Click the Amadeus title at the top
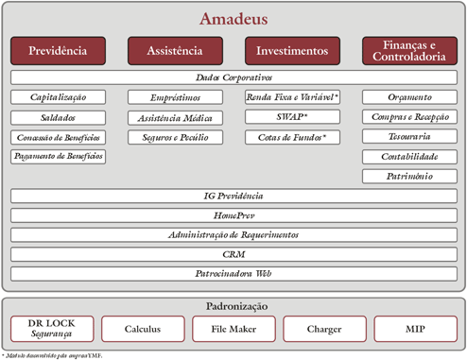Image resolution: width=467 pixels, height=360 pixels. click(x=233, y=18)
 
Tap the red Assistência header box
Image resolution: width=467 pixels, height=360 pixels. click(x=175, y=51)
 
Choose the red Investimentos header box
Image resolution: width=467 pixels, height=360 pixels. click(x=292, y=51)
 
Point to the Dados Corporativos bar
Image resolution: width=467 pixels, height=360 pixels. click(x=233, y=77)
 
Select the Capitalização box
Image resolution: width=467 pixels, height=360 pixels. click(x=58, y=97)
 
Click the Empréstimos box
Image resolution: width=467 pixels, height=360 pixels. click(x=175, y=97)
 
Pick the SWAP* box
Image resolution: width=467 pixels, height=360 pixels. click(x=292, y=117)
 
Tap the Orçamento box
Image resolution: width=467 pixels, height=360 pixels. click(x=409, y=97)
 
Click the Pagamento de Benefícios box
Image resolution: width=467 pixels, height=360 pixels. click(x=58, y=156)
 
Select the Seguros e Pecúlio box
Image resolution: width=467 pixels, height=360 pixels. click(x=175, y=137)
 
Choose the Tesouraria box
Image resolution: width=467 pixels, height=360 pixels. click(x=409, y=137)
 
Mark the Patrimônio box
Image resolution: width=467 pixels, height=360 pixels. click(x=409, y=177)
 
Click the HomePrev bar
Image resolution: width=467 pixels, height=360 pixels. click(x=233, y=215)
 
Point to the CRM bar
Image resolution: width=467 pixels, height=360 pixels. click(x=233, y=254)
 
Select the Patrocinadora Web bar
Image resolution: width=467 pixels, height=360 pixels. click(x=233, y=273)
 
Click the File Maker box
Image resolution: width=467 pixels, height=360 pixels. click(x=233, y=329)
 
